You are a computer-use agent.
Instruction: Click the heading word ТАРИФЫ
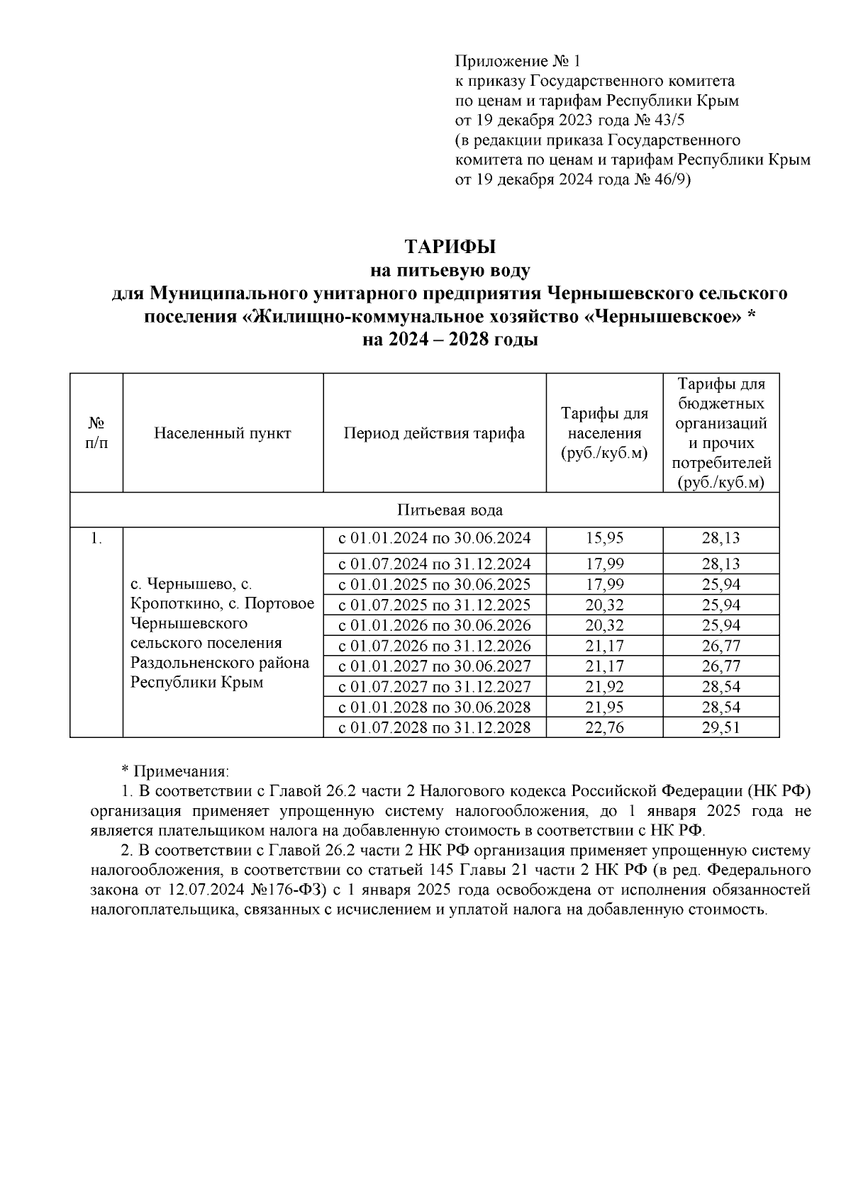click(x=450, y=247)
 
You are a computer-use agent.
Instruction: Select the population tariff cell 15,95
click(x=604, y=538)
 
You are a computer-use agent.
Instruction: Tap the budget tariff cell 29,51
click(x=721, y=727)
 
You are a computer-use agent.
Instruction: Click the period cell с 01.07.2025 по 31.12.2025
click(x=434, y=605)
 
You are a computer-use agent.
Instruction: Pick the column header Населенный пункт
click(x=223, y=433)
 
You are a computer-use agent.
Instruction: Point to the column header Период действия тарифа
click(x=434, y=433)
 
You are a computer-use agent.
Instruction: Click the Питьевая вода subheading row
click(x=450, y=510)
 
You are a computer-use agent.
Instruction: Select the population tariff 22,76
click(x=604, y=727)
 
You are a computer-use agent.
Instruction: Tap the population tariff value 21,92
click(x=604, y=686)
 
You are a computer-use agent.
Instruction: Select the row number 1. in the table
click(x=96, y=539)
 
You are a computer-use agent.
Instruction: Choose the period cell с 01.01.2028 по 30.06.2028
click(x=434, y=707)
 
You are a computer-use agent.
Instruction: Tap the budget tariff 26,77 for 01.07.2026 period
click(x=721, y=646)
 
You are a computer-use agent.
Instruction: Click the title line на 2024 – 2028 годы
click(x=450, y=340)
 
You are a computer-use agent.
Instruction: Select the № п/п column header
click(x=96, y=433)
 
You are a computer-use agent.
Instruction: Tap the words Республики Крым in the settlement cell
click(x=197, y=683)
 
